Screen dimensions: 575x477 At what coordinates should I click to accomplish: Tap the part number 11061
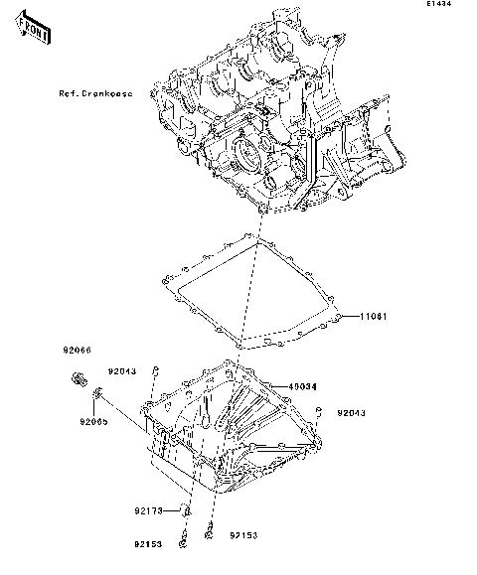[371, 317]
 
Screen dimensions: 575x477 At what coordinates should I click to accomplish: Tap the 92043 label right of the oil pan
[351, 411]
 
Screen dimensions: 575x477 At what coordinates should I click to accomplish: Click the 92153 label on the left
[149, 545]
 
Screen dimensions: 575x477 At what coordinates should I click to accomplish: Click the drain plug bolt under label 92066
[79, 378]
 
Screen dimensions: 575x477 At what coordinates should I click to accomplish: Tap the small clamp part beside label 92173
[185, 511]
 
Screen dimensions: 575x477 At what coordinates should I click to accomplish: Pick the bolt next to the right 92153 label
[210, 531]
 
